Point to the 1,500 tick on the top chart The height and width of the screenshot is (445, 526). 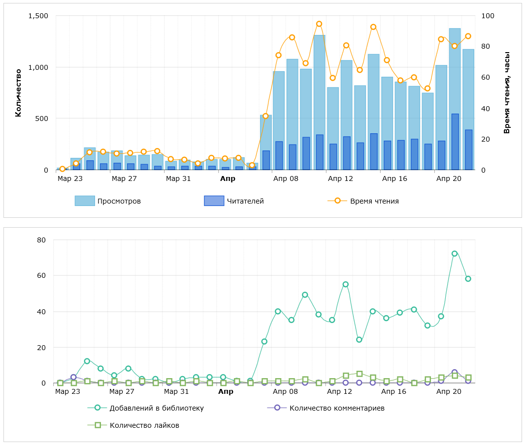[38, 16]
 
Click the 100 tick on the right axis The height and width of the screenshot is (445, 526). [488, 16]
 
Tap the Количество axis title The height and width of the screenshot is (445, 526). [18, 93]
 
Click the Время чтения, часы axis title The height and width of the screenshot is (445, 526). [507, 93]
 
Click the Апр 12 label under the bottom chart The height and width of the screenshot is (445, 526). [340, 392]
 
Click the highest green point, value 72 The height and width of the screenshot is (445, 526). [455, 254]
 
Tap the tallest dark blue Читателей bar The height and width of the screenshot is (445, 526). [455, 142]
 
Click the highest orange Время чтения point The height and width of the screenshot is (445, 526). [319, 24]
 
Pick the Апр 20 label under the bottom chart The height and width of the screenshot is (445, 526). [449, 392]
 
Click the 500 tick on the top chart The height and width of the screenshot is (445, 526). [42, 119]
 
